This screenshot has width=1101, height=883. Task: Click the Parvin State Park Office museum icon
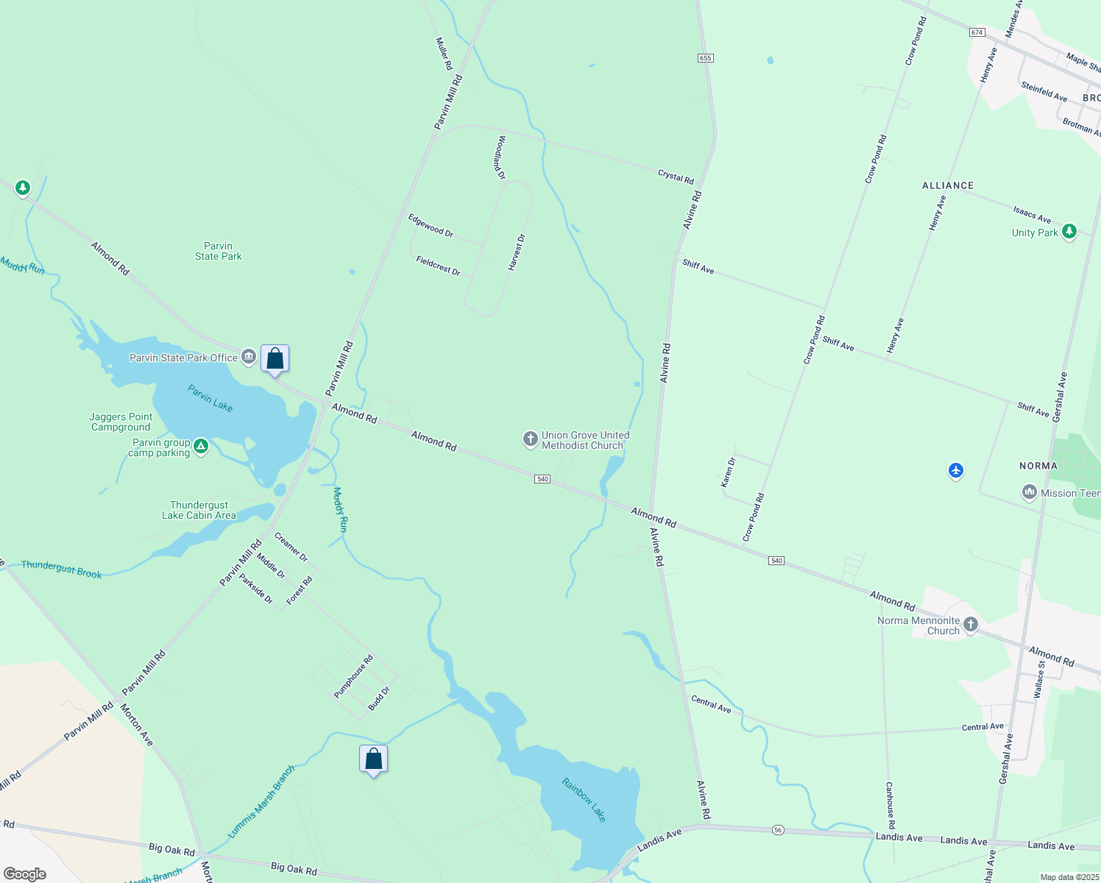click(249, 358)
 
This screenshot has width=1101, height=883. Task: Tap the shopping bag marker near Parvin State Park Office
click(275, 359)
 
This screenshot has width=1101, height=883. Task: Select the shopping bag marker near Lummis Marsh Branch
click(373, 759)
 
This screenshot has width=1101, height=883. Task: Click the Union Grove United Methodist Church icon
click(530, 440)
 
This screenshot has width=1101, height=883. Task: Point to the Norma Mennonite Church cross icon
click(971, 625)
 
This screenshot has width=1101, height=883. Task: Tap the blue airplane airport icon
click(956, 470)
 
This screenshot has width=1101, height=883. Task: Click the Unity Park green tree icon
click(1069, 232)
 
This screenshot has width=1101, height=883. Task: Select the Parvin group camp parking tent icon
click(200, 446)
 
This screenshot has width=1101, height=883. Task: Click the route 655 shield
click(706, 58)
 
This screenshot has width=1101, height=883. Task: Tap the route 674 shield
click(977, 32)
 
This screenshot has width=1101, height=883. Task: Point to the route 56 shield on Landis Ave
click(778, 830)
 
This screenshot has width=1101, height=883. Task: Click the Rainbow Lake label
click(584, 800)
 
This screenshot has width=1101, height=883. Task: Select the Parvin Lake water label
click(210, 398)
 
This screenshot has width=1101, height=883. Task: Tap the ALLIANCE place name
click(948, 185)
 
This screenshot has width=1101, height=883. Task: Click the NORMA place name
click(1038, 466)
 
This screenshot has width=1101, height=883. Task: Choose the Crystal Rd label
click(676, 177)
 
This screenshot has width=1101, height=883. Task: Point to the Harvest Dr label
click(517, 252)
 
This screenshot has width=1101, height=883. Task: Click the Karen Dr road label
click(728, 472)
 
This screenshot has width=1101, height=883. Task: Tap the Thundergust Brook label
click(62, 569)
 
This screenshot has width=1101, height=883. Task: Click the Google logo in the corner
click(25, 873)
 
